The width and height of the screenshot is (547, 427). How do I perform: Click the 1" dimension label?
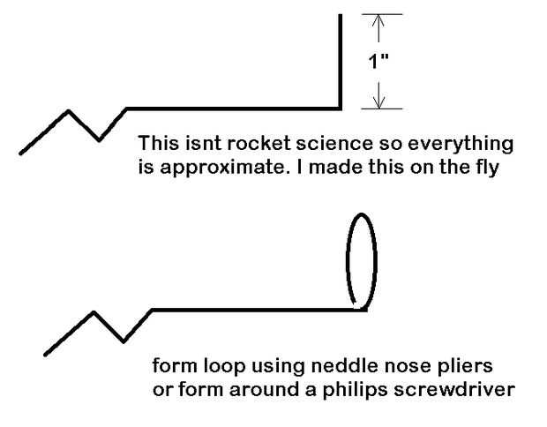378,63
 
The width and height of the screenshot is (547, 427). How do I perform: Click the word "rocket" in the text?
243,143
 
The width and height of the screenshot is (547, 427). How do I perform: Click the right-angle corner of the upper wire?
340,109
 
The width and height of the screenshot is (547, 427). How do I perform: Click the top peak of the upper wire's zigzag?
69,111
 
